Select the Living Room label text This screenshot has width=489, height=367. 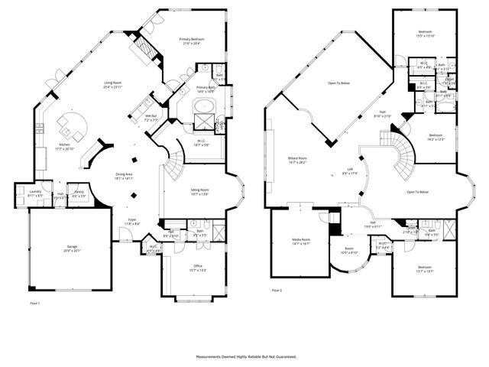tap(112, 85)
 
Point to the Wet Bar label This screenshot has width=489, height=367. tap(152, 118)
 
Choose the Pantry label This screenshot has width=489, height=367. tap(77, 194)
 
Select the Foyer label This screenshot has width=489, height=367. tap(131, 222)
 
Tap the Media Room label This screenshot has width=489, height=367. tap(301, 241)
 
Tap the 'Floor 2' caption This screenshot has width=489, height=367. tap(277, 291)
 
